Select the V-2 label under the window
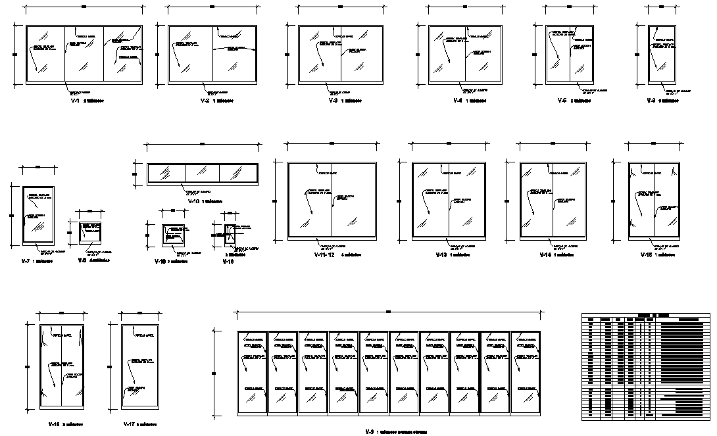pos(205,102)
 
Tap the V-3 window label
pos(333,102)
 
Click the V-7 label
pos(26,262)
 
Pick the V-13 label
pos(441,254)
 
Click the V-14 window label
pos(545,254)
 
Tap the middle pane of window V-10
pos(201,173)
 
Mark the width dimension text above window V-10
pos(202,143)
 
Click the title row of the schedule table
pos(646,316)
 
